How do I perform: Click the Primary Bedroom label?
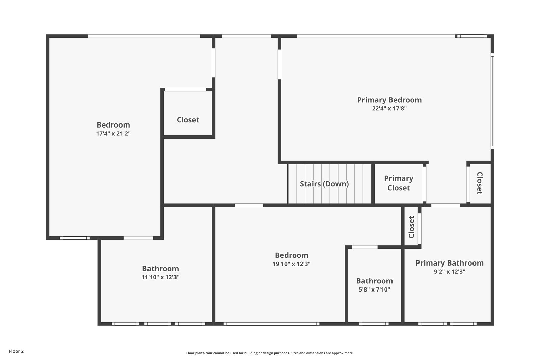point(389,100)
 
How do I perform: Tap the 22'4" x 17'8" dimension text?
point(389,109)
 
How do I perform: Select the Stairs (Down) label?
point(324,184)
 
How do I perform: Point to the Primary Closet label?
point(399,183)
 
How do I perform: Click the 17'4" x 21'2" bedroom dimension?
point(113,134)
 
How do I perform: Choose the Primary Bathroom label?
point(450,263)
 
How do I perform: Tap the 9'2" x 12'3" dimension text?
point(450,272)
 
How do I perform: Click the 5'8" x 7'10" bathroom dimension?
point(374,289)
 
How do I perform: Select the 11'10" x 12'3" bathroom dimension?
point(160,277)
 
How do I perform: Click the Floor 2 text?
point(16,351)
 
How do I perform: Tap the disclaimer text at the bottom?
point(270,353)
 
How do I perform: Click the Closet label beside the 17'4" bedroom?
point(188,120)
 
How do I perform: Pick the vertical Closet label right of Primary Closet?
point(479,183)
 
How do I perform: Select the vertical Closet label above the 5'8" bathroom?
point(411,227)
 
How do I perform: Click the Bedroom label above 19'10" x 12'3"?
point(292,255)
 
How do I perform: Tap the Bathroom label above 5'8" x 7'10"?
point(374,281)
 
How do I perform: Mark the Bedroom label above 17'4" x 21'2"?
point(113,125)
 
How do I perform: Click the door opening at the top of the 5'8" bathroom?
point(364,247)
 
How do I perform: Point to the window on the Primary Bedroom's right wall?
point(492,101)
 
